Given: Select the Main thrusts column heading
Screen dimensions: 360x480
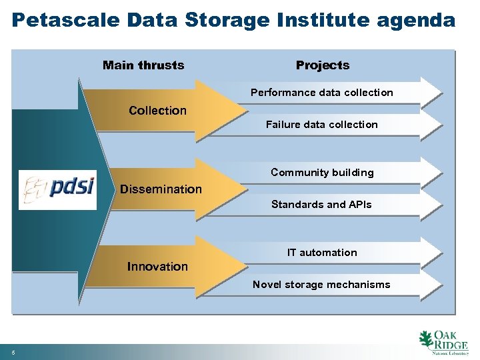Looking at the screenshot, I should (x=143, y=65).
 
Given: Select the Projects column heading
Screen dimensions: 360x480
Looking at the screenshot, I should (x=323, y=65).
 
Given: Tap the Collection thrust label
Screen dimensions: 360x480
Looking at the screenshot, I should (x=157, y=111).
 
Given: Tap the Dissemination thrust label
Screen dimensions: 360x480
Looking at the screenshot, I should (x=161, y=189).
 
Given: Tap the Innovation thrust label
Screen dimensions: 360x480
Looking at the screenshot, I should (x=157, y=267).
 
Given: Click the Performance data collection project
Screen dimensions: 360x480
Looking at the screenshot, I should (x=322, y=93).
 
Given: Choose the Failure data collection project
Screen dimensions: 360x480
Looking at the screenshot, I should (x=322, y=125).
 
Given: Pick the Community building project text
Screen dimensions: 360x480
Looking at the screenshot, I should (x=322, y=173).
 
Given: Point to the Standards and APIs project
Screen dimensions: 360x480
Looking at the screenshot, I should (x=322, y=205).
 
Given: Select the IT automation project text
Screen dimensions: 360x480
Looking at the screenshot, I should (x=322, y=253).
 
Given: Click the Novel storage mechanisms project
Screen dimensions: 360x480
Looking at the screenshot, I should (x=322, y=285).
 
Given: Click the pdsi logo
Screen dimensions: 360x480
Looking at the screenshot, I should (x=57, y=190).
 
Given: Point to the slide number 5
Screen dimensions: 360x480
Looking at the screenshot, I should (x=13, y=353).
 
